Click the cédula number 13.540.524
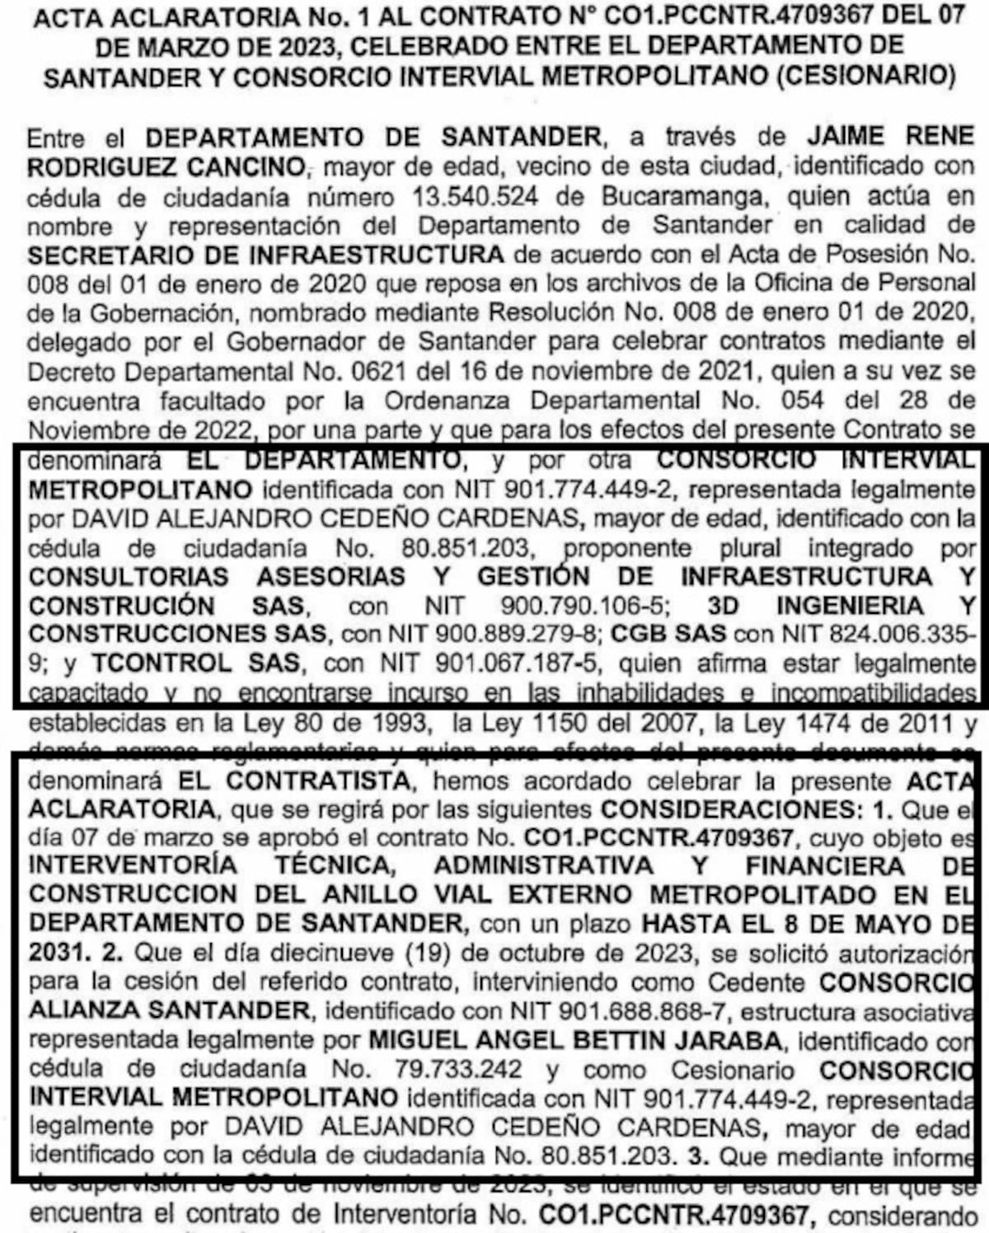point(473,197)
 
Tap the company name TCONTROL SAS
point(197,663)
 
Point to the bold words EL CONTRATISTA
point(295,780)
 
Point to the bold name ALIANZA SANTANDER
point(169,1010)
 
